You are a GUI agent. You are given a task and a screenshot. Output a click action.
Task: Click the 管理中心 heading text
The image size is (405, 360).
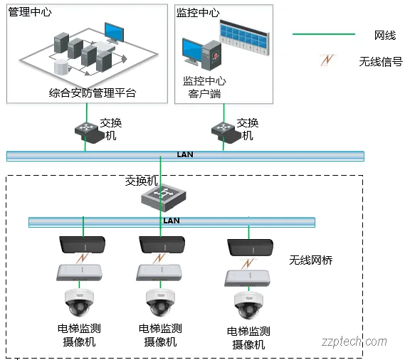[x=30, y=13]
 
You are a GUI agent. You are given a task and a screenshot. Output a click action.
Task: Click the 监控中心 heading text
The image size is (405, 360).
[x=197, y=13]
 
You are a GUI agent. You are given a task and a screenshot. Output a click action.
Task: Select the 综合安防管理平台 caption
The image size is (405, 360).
[x=93, y=92]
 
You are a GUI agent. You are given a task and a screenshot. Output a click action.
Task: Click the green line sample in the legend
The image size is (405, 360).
[x=324, y=34]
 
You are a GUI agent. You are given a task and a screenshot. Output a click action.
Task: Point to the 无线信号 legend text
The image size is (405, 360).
[x=381, y=61]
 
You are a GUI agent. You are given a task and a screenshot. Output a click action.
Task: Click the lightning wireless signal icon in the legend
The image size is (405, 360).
[x=327, y=60]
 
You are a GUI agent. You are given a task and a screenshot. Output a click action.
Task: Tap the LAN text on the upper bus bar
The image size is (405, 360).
[x=185, y=154]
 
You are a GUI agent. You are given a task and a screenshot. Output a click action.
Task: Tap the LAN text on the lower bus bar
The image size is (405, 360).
[x=172, y=221]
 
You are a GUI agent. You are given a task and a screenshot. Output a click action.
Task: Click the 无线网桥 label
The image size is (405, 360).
[x=310, y=261]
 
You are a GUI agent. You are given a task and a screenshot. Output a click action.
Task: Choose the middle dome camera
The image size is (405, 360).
[x=161, y=302]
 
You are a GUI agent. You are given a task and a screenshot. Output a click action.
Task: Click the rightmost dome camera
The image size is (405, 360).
[x=248, y=305]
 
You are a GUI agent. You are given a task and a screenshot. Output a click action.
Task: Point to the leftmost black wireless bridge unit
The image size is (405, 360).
[x=81, y=243]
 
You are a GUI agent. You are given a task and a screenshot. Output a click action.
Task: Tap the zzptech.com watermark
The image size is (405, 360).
[x=354, y=342]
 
